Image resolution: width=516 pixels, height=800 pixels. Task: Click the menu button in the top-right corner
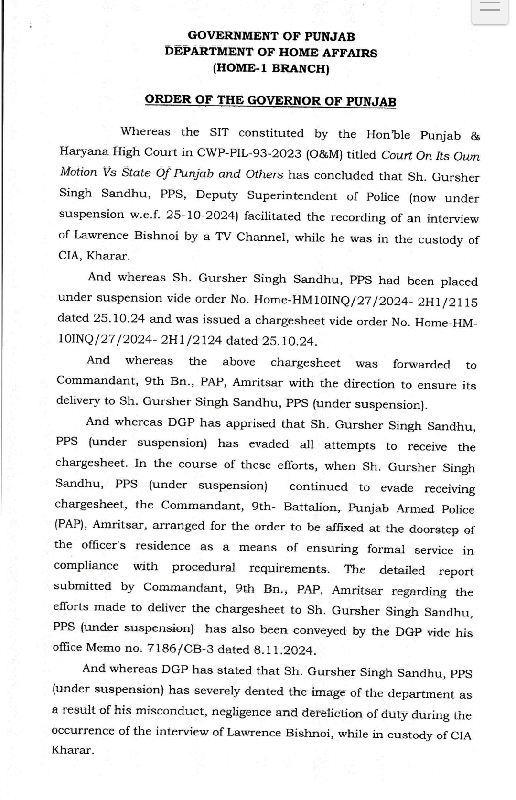490,8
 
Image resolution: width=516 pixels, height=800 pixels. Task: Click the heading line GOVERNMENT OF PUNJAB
271,36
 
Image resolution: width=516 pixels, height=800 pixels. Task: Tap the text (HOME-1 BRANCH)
271,68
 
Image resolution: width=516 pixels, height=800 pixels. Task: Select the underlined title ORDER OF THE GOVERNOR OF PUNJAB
270,101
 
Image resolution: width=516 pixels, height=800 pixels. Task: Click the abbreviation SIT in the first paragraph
219,132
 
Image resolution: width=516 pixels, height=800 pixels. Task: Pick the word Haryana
83,151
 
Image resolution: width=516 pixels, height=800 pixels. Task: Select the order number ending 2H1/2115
366,300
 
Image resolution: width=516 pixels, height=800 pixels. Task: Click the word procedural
204,567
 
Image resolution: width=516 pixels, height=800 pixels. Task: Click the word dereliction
332,713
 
